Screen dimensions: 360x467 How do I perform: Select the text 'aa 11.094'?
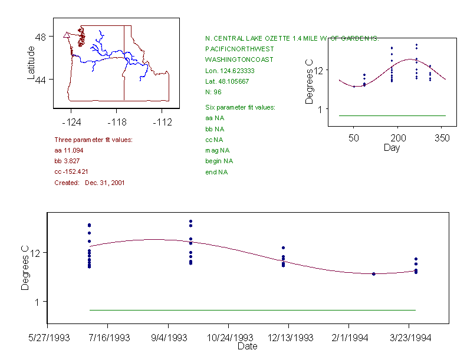coord(67,151)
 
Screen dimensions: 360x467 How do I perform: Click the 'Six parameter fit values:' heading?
coord(240,107)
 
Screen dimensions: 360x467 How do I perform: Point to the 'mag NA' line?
coord(216,150)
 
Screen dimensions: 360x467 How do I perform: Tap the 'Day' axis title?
coord(392,148)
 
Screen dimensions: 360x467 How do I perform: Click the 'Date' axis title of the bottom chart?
coord(247,346)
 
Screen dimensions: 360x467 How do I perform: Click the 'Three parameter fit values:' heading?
coord(93,140)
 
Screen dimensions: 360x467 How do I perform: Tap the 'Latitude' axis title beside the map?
coord(31,62)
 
